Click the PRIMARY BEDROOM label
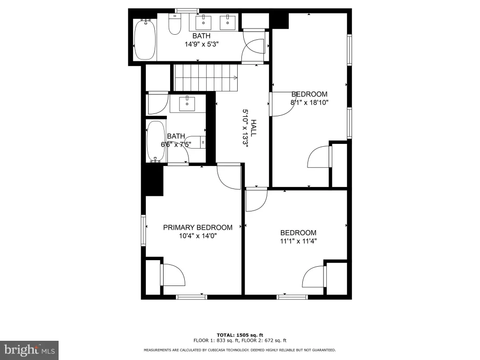point(197,227)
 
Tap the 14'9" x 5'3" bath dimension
point(202,44)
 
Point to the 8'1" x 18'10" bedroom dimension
point(309,102)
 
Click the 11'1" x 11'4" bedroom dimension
point(298,241)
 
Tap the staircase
point(206,78)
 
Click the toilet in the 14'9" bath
point(175,24)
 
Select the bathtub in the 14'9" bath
point(145,39)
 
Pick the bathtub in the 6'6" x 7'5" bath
point(156,141)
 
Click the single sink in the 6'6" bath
point(187,104)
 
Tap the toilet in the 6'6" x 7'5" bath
point(195,142)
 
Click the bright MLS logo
point(29,350)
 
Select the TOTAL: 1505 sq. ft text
point(240,335)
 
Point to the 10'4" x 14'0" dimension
point(198,236)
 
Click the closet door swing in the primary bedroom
point(173,275)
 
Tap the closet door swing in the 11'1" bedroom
point(314,277)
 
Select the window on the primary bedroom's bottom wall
point(191,297)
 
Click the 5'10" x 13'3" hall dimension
point(245,128)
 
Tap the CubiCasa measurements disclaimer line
point(240,350)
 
